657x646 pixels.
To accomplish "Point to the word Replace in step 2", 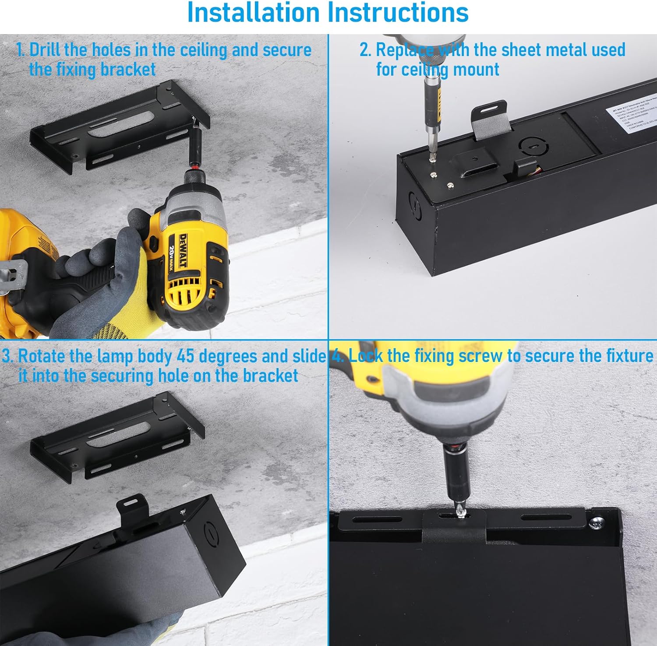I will (x=405, y=50).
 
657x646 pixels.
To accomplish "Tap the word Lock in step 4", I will (x=365, y=356).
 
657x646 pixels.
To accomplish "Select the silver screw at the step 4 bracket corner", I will (x=597, y=522).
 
